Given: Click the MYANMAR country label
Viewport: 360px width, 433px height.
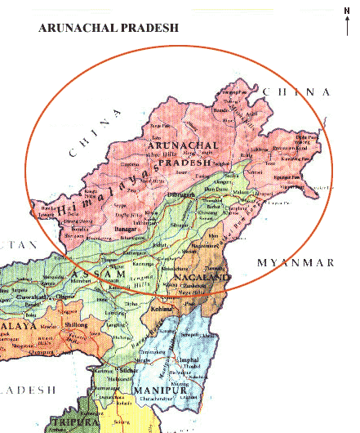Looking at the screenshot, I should [x=296, y=262].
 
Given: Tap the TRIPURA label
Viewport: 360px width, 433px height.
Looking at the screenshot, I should [x=67, y=422].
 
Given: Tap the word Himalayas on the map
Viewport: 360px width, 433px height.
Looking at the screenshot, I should [x=107, y=192].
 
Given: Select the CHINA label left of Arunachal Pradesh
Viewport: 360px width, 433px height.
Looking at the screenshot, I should [x=89, y=138].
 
